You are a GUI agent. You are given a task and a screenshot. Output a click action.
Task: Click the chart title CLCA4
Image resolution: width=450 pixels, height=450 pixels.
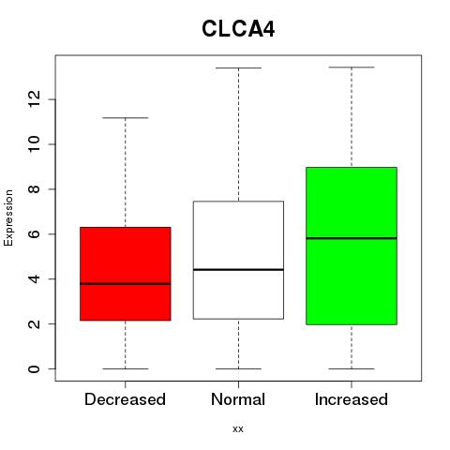click(238, 29)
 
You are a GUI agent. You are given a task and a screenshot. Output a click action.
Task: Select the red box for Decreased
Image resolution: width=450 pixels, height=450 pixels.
click(126, 274)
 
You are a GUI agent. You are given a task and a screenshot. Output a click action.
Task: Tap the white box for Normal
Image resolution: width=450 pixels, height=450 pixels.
click(238, 260)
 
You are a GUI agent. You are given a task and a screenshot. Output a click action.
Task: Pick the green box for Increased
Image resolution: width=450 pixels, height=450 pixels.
click(352, 246)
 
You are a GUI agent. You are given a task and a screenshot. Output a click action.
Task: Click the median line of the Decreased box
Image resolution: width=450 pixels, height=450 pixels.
click(126, 284)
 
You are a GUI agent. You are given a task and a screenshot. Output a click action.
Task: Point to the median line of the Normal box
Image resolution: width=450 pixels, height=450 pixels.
click(238, 269)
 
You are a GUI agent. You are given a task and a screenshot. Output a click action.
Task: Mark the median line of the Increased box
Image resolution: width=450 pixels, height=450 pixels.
click(352, 238)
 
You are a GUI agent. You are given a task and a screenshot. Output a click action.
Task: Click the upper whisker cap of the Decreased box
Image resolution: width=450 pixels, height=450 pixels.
click(126, 118)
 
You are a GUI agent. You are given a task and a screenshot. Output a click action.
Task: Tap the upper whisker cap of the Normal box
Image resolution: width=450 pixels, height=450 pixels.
click(238, 67)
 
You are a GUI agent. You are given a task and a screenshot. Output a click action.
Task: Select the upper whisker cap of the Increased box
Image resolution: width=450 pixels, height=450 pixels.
click(352, 67)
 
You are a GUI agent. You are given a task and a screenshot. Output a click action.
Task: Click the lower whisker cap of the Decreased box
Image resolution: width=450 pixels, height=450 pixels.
click(126, 368)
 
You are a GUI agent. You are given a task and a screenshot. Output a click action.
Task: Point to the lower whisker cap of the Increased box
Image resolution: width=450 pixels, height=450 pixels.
click(352, 368)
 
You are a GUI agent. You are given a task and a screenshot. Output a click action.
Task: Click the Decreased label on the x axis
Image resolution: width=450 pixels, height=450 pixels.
click(125, 399)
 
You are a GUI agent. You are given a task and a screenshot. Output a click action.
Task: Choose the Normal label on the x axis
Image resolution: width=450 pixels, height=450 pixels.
click(238, 399)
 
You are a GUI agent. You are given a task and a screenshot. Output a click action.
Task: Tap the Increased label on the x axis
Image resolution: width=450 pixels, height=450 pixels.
click(352, 399)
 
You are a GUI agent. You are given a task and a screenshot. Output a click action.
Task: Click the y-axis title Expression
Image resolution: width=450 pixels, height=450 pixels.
click(8, 217)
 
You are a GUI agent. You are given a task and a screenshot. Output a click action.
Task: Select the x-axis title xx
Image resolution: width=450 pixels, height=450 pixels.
click(238, 429)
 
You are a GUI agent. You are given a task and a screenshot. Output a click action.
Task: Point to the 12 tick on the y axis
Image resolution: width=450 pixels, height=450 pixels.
click(52, 99)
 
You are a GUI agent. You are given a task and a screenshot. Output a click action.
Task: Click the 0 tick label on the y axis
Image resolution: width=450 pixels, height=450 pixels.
click(35, 368)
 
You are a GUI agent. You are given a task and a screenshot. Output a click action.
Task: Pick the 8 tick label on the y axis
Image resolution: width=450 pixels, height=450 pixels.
click(35, 189)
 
